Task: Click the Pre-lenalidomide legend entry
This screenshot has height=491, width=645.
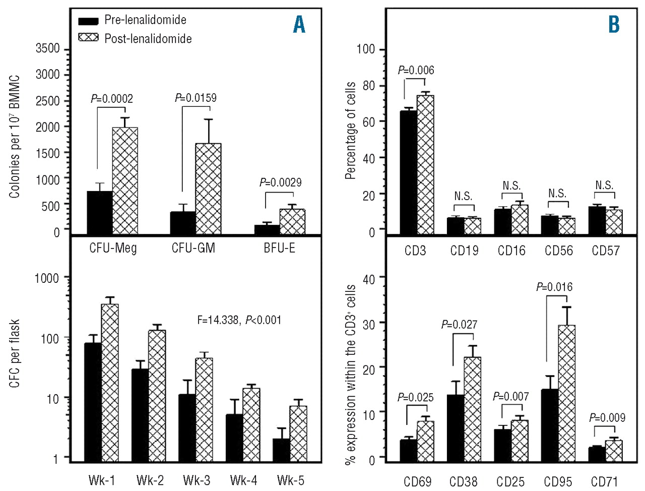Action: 132,20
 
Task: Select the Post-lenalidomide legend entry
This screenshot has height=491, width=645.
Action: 135,38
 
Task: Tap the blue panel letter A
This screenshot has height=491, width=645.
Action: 299,24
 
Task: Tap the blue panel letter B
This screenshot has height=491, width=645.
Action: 614,24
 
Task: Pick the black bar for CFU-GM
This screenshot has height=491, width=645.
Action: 182,223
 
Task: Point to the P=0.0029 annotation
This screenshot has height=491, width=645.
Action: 281,182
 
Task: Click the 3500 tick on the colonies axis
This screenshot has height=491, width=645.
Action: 48,49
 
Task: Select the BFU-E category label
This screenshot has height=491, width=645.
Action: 279,248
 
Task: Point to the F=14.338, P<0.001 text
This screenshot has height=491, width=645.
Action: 239,320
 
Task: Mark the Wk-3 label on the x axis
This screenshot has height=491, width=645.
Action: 197,480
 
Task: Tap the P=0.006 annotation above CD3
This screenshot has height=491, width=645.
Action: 416,71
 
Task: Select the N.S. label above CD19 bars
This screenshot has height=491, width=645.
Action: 463,196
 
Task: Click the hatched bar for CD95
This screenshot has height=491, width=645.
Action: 566,393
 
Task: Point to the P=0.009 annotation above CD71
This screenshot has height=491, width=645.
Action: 607,417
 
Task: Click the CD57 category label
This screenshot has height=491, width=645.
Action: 606,251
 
